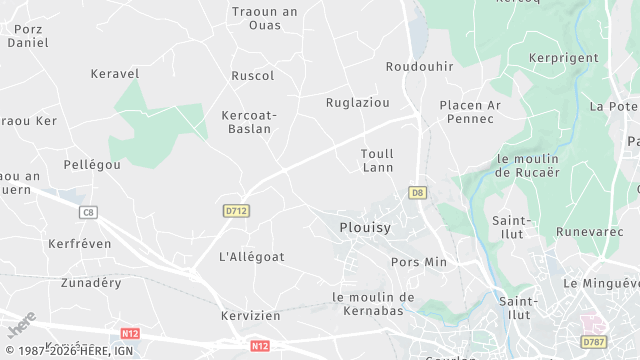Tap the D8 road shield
tap(417, 191)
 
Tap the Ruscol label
tap(252, 76)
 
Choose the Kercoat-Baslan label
tap(248, 122)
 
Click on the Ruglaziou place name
tap(357, 102)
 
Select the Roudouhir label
tap(419, 66)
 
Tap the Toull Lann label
tap(377, 160)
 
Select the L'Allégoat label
tap(251, 256)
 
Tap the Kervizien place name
tap(250, 315)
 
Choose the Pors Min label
tap(419, 262)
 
